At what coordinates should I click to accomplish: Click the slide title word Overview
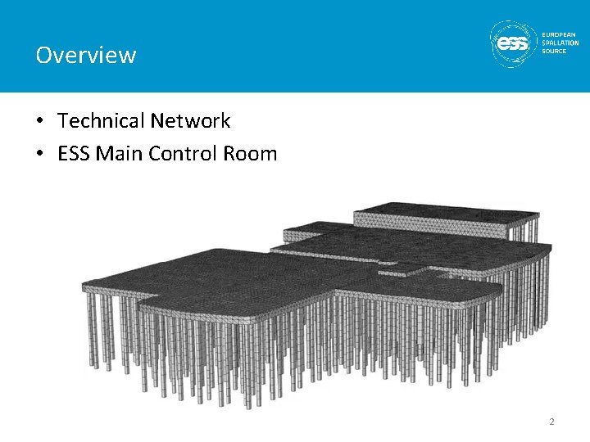tap(85, 55)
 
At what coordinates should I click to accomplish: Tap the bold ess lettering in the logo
tap(515, 44)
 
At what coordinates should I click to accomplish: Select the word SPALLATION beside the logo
tap(560, 43)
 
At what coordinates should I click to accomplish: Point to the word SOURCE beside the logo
tap(554, 51)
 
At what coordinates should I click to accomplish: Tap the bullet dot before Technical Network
tap(40, 122)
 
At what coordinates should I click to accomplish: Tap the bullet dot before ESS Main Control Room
tap(40, 154)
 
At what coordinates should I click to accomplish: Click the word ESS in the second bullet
tap(74, 153)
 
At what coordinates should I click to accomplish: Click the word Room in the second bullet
tap(251, 153)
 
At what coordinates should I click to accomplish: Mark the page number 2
tap(551, 422)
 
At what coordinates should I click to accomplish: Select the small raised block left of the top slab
tap(315, 228)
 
